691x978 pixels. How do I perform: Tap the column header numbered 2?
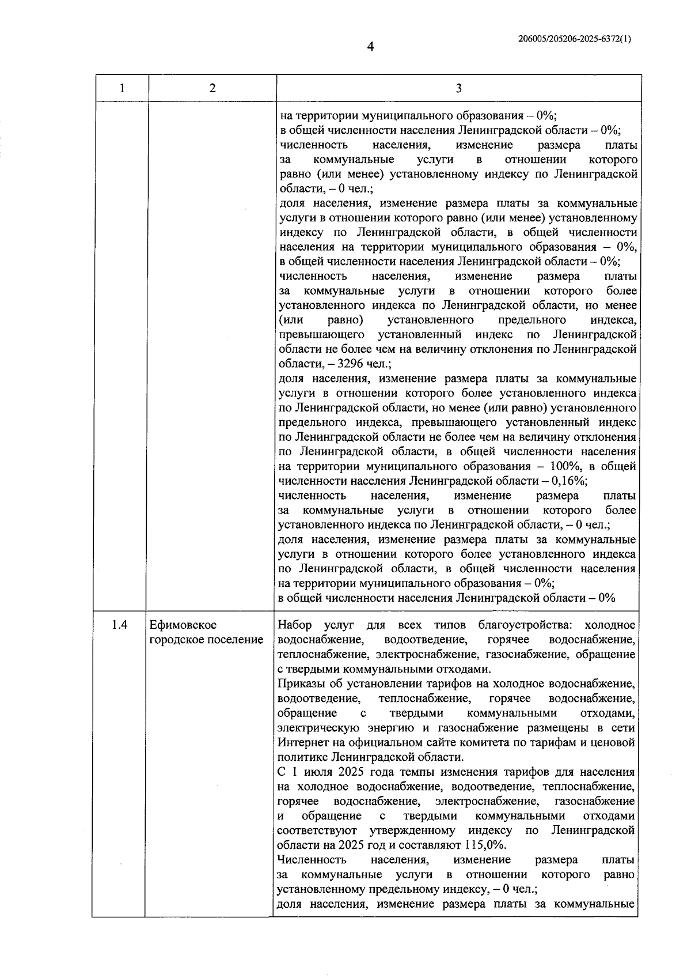pyautogui.click(x=212, y=88)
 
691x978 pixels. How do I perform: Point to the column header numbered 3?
pyautogui.click(x=458, y=88)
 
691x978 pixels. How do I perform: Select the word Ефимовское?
pyautogui.click(x=183, y=625)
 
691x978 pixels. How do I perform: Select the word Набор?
pyautogui.click(x=295, y=625)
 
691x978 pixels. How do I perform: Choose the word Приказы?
pyautogui.click(x=301, y=684)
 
